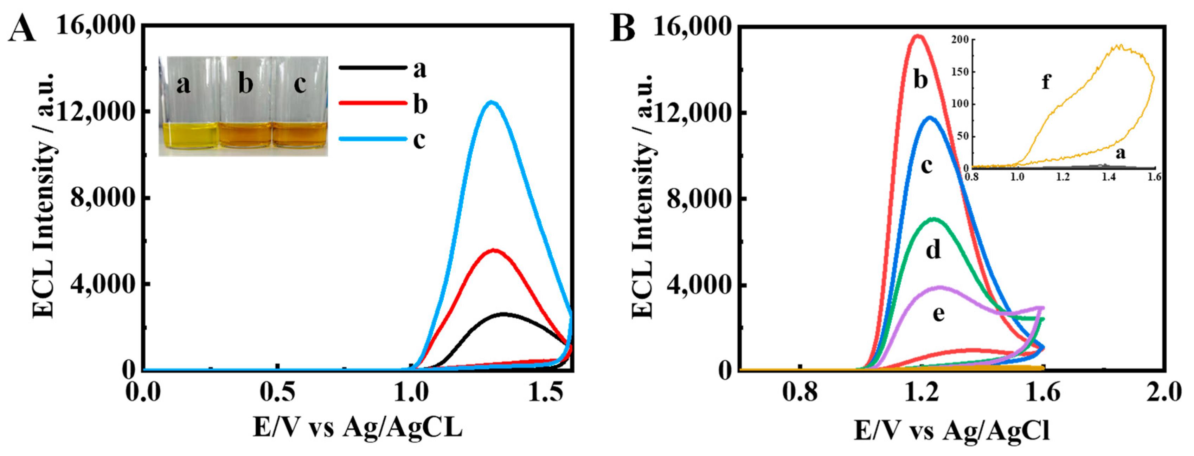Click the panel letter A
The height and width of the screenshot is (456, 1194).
click(x=22, y=29)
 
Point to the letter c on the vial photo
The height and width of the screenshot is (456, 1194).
click(x=300, y=84)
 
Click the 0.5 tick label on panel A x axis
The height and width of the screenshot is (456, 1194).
click(x=277, y=393)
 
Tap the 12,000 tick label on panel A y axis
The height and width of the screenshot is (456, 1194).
click(x=96, y=112)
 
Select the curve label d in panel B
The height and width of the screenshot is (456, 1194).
click(x=933, y=251)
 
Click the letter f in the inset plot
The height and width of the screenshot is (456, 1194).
click(x=1046, y=82)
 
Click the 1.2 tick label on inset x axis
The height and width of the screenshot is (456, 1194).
click(x=1063, y=178)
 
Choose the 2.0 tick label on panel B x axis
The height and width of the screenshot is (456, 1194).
click(x=1165, y=393)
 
